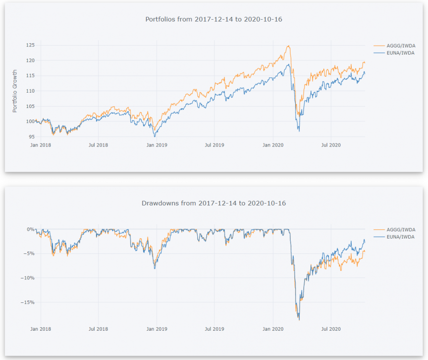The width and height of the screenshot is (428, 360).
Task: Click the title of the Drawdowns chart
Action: [214, 203]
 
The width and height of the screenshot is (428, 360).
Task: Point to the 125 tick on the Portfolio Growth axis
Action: [31, 45]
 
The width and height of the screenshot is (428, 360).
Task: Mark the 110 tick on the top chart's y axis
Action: [31, 91]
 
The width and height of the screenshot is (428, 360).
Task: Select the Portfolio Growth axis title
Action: [15, 91]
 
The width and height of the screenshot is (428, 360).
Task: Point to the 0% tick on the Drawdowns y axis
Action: [31, 229]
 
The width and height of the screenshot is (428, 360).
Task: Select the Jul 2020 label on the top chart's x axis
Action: [331, 144]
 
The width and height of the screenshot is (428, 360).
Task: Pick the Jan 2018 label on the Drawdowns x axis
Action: [40, 329]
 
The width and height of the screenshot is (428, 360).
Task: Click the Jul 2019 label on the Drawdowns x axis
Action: [214, 329]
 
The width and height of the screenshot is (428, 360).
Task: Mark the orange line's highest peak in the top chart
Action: [288, 46]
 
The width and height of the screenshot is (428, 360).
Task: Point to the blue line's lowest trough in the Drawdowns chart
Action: [299, 320]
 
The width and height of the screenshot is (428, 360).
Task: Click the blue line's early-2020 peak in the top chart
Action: [289, 64]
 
